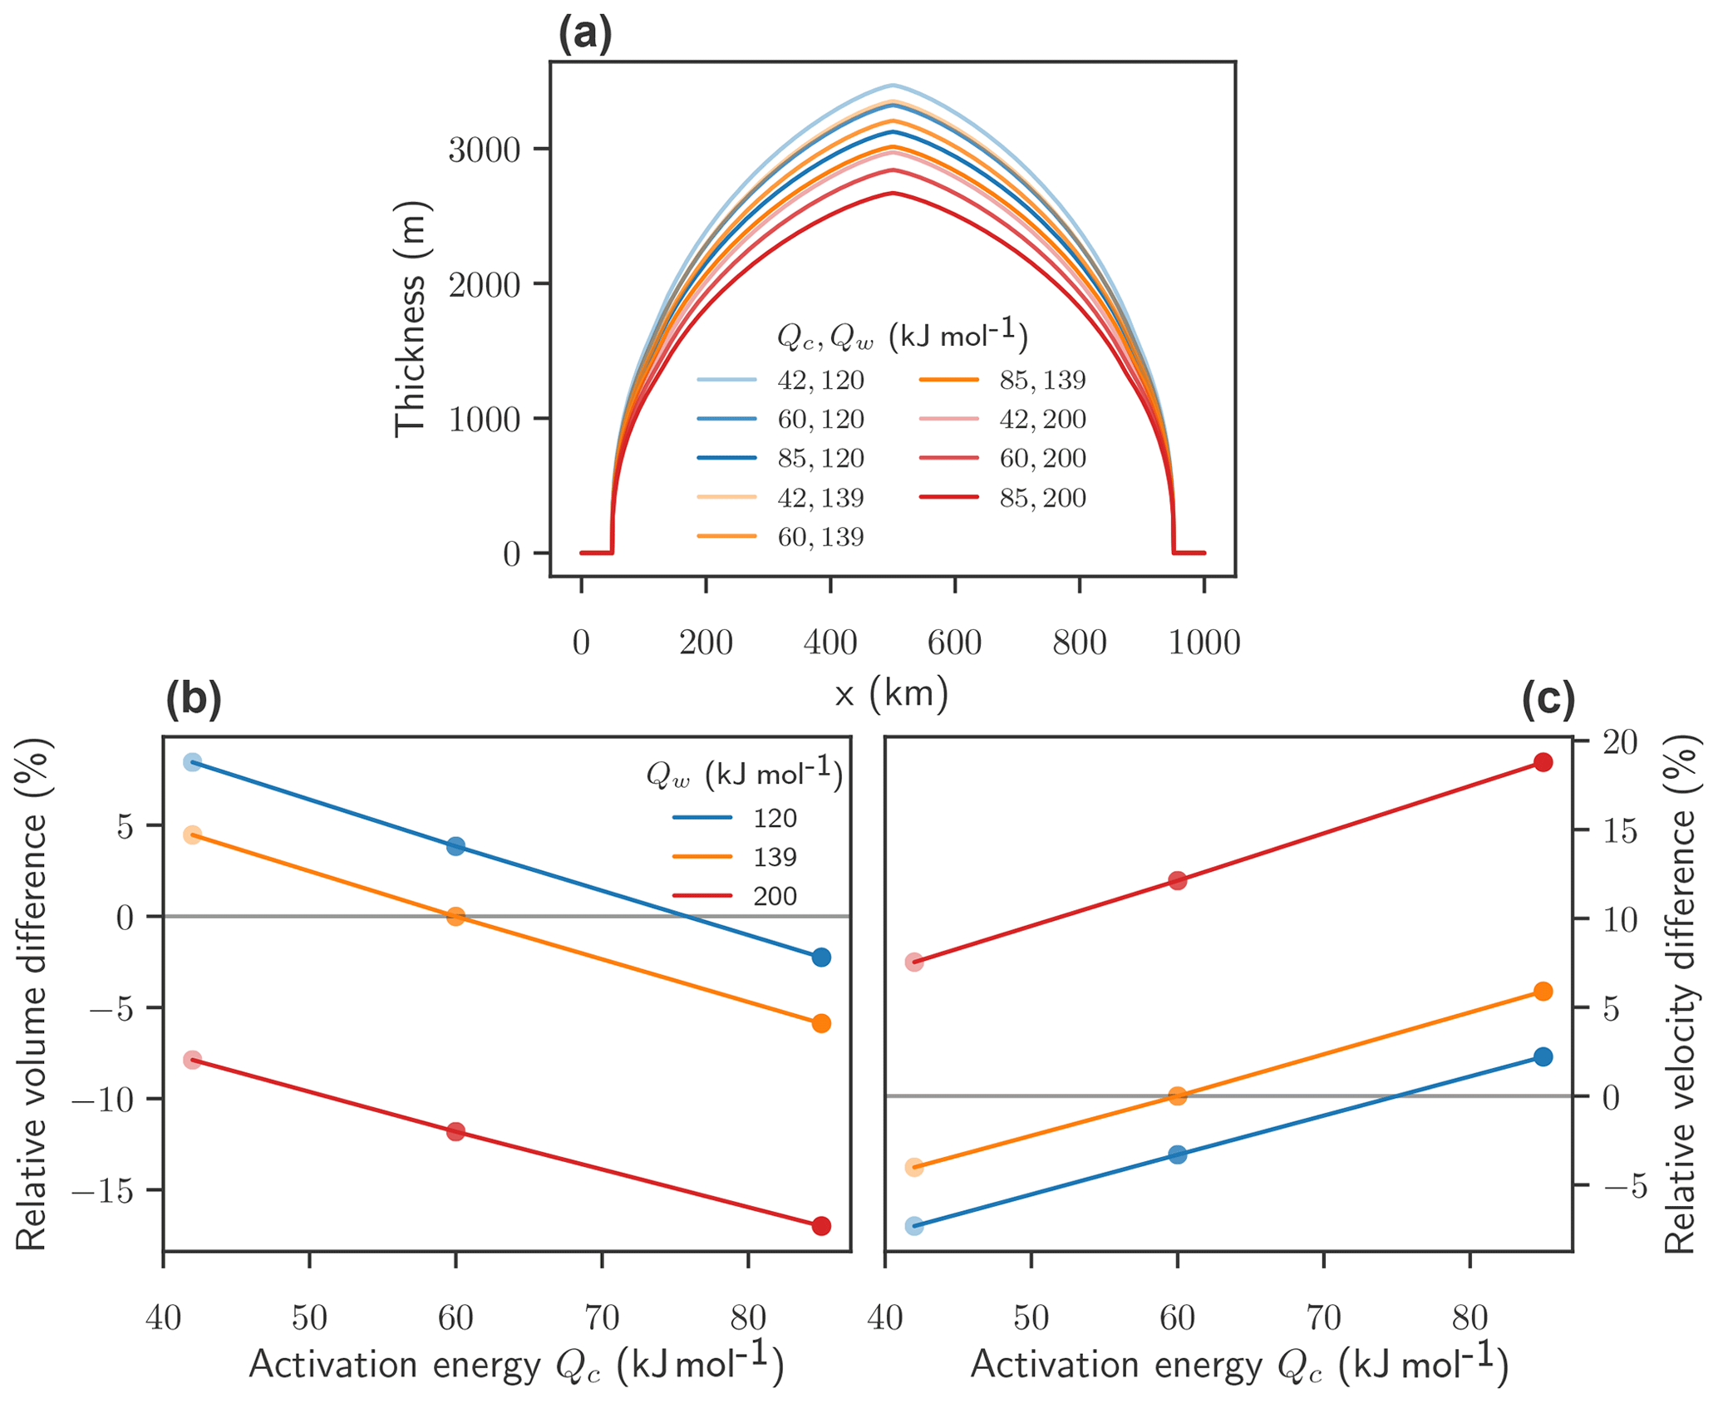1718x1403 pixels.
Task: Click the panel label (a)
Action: [584, 36]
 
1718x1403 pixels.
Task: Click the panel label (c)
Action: [1548, 700]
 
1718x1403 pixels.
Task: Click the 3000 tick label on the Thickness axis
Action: [484, 150]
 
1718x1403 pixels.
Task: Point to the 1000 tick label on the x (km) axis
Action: [1204, 642]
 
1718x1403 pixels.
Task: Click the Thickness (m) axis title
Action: [410, 318]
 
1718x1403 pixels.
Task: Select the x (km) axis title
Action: [891, 693]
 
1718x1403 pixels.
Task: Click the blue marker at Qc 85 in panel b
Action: [821, 957]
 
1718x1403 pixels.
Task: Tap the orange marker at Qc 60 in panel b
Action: [455, 917]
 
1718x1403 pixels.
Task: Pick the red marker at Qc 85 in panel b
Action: [821, 1226]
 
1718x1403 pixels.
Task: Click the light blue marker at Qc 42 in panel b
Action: [192, 762]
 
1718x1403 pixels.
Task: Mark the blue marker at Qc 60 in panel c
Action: [1177, 1154]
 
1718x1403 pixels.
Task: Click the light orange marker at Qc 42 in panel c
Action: [914, 1167]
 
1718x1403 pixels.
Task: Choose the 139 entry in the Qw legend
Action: [775, 857]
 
